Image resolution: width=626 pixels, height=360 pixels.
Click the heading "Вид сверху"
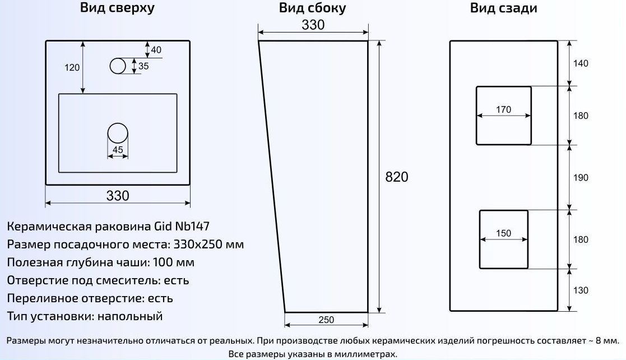click(117, 8)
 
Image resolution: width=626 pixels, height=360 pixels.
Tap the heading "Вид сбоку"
click(312, 8)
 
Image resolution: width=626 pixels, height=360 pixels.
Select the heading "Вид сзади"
click(503, 8)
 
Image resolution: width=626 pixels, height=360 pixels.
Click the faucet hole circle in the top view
click(118, 66)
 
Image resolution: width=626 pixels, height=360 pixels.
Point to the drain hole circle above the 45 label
click(118, 133)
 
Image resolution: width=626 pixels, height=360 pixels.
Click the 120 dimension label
click(72, 67)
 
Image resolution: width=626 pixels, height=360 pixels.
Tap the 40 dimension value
click(156, 50)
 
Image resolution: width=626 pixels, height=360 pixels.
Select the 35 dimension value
click(143, 66)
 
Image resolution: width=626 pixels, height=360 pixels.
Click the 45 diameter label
click(118, 150)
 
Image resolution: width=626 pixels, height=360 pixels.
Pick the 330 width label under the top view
click(118, 195)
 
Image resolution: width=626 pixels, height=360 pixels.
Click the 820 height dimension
click(397, 177)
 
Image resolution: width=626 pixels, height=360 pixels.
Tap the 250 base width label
click(326, 320)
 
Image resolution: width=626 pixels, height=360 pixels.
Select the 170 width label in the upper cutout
click(503, 109)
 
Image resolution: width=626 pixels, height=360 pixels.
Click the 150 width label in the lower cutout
click(503, 233)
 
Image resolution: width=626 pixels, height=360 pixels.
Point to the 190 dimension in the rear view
click(581, 177)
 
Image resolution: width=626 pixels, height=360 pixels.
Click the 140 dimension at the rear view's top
click(581, 63)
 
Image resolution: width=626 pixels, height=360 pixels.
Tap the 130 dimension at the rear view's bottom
click(581, 290)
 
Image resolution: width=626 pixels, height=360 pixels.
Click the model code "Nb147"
click(192, 226)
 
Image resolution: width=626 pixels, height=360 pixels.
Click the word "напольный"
click(130, 316)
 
